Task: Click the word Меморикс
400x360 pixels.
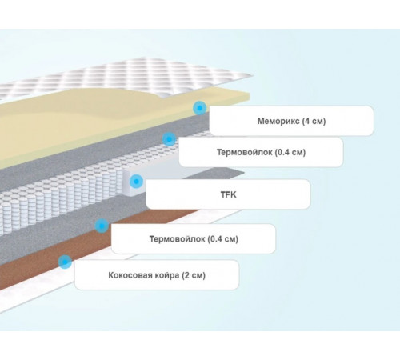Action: pos(278,121)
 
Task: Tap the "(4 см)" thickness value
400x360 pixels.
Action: pos(314,121)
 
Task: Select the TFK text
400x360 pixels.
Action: pos(229,194)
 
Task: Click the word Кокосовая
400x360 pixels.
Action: pos(127,275)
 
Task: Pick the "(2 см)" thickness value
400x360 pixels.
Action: pos(194,275)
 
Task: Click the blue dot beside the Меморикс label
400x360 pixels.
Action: pos(200,108)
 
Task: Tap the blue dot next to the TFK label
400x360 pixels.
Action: pos(136,182)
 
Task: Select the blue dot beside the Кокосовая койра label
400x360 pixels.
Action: pos(65,262)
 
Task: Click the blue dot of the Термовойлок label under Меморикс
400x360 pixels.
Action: pos(169,139)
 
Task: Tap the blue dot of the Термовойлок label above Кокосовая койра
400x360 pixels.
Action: pos(102,226)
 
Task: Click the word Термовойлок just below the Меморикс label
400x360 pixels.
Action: pos(246,152)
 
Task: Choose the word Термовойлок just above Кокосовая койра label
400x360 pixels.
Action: pos(178,238)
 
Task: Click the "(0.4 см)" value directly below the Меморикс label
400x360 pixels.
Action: pos(290,152)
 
